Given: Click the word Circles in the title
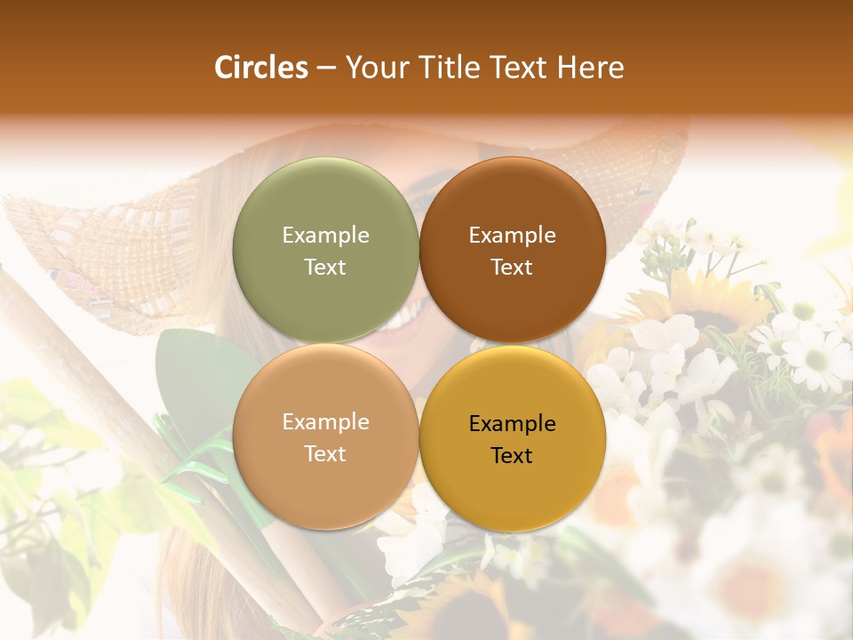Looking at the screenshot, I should click(x=260, y=68).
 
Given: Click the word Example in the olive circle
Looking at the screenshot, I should click(x=325, y=236).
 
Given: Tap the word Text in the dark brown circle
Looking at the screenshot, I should click(x=512, y=268).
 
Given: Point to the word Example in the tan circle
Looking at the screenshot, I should click(x=325, y=422).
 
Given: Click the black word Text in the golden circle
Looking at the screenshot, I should click(x=512, y=456).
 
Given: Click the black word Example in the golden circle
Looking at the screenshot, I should click(x=512, y=424).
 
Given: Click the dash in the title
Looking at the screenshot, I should click(x=326, y=68).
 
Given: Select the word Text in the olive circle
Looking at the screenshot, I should click(x=325, y=268).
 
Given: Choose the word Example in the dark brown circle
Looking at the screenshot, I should click(x=512, y=236).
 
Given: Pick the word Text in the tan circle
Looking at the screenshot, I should click(x=325, y=454).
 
